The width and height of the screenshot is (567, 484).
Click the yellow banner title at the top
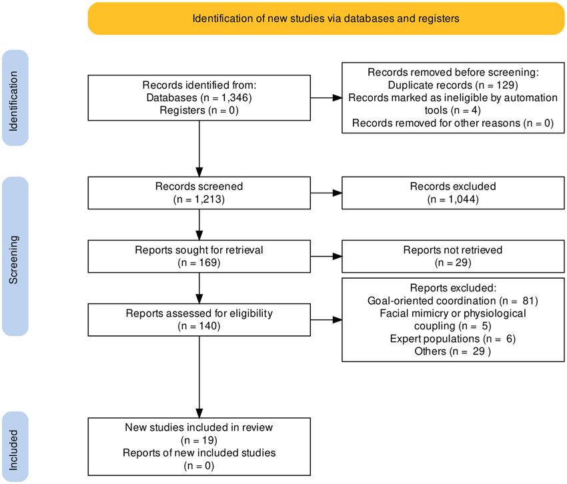tap(326, 19)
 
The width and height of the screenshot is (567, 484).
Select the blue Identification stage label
tap(15, 98)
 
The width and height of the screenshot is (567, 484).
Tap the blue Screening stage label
tap(15, 256)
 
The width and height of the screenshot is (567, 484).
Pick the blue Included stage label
tap(15, 447)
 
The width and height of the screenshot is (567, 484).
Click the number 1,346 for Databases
tap(235, 97)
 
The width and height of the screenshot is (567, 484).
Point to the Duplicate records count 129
tap(506, 85)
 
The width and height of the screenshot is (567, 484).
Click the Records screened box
tap(199, 193)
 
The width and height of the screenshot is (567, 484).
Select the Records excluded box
tap(453, 193)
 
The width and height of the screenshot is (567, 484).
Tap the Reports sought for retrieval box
tap(199, 256)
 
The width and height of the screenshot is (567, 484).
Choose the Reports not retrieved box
tap(453, 256)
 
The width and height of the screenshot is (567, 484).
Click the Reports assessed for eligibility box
tap(199, 319)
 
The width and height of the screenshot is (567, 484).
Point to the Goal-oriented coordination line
tap(453, 301)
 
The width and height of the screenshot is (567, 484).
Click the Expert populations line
tap(453, 339)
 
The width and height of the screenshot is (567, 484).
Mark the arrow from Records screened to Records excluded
tap(326, 193)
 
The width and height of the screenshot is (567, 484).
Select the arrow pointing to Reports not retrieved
tap(326, 256)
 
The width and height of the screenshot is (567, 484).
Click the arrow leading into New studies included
tap(199, 377)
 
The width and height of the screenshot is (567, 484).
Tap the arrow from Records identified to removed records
tap(326, 97)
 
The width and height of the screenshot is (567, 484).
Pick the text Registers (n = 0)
tap(199, 110)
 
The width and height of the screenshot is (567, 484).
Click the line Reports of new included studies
tap(199, 453)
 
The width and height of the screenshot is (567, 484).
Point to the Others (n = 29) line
tap(453, 351)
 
